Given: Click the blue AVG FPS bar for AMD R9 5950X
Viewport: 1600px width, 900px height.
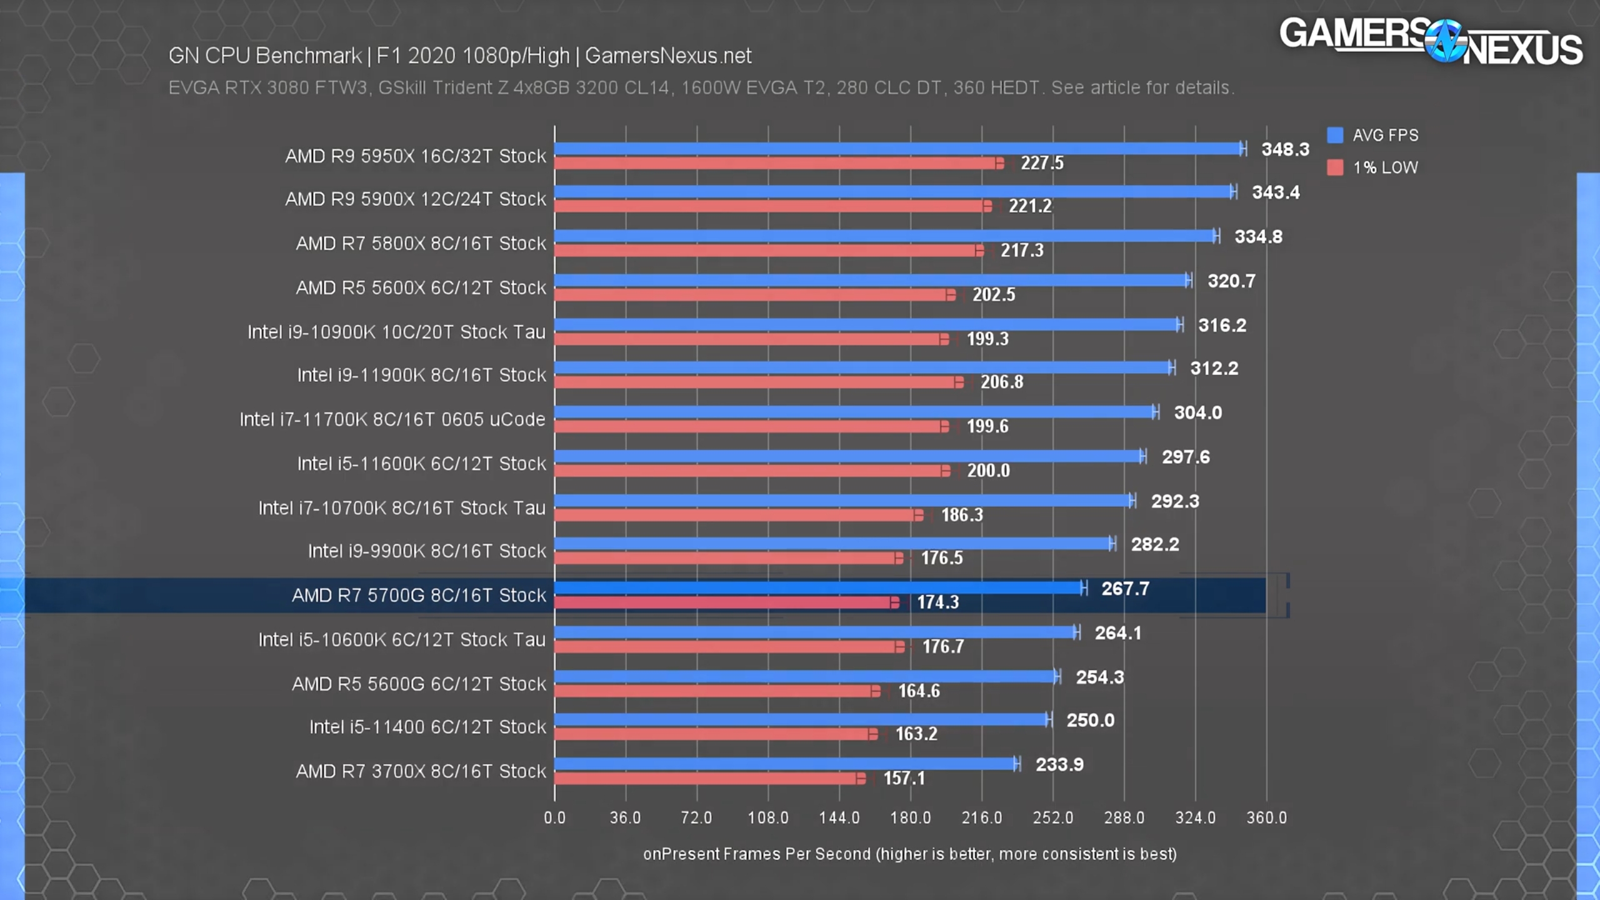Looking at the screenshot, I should pos(897,149).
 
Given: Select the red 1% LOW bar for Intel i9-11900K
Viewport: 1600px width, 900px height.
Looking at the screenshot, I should pos(756,382).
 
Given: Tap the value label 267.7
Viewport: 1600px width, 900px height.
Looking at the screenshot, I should pos(1125,589).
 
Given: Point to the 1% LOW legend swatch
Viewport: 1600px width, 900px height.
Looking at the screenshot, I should pos(1335,167).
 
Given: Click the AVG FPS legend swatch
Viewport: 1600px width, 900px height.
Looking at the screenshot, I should pos(1335,135).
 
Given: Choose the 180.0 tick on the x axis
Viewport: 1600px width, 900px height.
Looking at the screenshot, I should pos(911,817).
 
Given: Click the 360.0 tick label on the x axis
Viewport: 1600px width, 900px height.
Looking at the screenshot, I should pos(1267,817).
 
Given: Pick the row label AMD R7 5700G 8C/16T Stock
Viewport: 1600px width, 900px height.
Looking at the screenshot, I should pos(419,596).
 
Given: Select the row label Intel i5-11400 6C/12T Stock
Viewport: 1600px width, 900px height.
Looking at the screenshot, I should pos(427,727).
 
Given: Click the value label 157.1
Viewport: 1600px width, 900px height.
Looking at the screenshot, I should pos(904,778).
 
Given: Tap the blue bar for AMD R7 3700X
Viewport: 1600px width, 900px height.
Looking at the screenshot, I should pos(785,764).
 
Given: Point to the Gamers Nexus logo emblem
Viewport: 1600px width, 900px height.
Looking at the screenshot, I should pos(1445,41).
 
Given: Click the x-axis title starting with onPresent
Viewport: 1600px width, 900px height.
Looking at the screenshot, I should pos(910,854).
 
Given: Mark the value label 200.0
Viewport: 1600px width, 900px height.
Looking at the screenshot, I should pos(988,471).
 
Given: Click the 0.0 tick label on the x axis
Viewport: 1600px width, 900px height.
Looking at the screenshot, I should pos(554,817).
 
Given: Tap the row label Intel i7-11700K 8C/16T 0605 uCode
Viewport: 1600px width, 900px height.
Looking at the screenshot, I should pos(392,419).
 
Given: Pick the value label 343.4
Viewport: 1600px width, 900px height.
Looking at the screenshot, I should pos(1276,192).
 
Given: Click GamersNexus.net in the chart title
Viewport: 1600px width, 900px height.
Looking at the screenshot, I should pos(668,56).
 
